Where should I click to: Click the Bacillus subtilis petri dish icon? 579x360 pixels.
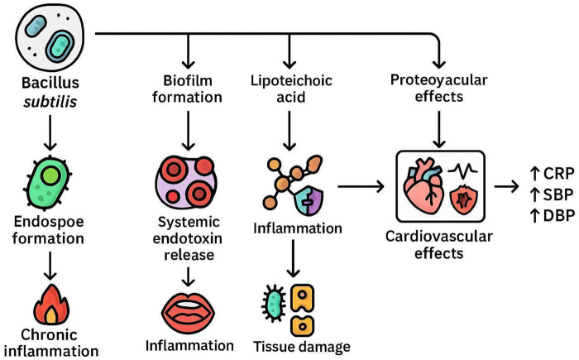[50, 36]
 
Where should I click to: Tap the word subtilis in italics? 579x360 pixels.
[50, 101]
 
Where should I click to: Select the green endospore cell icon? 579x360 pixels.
[48, 183]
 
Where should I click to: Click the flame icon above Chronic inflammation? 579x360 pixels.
[51, 305]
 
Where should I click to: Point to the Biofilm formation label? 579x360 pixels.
[187, 89]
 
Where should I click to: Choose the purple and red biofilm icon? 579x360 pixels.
[186, 182]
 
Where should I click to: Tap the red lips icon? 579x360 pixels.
[188, 313]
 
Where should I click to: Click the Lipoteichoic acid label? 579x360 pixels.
[291, 89]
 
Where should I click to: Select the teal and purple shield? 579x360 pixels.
[309, 201]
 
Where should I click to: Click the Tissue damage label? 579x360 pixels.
[302, 347]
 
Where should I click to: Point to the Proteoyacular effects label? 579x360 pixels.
[438, 88]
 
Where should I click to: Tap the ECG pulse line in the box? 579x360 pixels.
[462, 170]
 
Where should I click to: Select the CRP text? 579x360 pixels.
[559, 173]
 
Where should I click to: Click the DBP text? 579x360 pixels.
[559, 215]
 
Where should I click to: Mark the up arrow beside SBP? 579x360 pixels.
[535, 194]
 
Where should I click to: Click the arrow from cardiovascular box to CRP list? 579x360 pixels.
[506, 187]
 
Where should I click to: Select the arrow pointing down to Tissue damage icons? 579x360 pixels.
[293, 258]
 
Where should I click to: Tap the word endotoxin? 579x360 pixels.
[188, 238]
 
